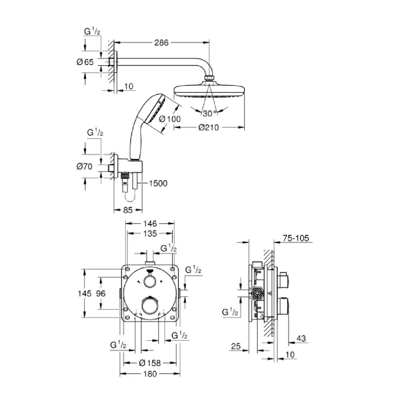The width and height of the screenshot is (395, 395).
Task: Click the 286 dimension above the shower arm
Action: tap(161, 43)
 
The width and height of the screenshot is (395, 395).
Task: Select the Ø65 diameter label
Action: tap(85, 62)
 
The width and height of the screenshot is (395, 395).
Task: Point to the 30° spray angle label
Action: tap(210, 114)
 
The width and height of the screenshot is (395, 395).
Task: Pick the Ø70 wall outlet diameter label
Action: tap(85, 167)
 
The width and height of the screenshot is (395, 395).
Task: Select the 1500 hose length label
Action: tap(158, 183)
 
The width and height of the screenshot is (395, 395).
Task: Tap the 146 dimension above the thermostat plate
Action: tap(150, 224)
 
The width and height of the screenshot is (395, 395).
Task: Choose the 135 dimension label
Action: tap(150, 234)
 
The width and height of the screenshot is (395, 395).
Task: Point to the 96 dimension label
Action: tap(101, 293)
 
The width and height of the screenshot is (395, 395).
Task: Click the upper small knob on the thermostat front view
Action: tap(149, 281)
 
